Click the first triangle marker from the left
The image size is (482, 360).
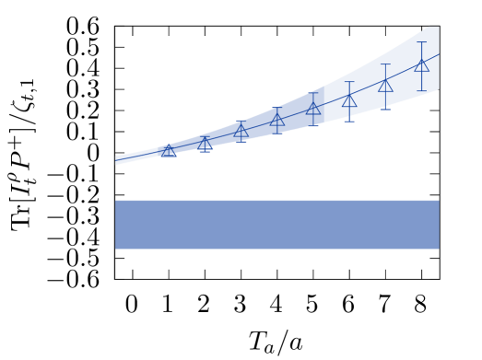[169, 150]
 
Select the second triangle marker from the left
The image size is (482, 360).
[205, 144]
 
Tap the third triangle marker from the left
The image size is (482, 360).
[241, 131]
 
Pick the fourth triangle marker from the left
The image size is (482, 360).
[277, 120]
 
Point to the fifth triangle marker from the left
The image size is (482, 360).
[313, 108]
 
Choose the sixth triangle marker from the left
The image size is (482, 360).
[349, 100]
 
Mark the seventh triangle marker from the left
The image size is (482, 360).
[385, 86]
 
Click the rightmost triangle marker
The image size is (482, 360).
[422, 65]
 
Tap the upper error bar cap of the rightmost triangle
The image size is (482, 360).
[422, 42]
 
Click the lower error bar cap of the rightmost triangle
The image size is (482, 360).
[422, 90]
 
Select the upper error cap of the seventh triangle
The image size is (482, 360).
[385, 64]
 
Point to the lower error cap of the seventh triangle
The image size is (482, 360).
[385, 109]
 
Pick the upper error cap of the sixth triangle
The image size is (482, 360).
[349, 81]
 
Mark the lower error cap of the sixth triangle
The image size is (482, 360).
[349, 121]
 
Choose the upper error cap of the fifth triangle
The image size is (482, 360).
[313, 92]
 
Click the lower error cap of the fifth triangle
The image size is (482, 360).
[313, 125]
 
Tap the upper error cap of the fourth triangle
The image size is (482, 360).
[277, 107]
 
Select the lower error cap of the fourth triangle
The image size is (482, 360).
[277, 134]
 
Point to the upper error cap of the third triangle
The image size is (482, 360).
[241, 121]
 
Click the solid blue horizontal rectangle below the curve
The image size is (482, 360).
[276, 225]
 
